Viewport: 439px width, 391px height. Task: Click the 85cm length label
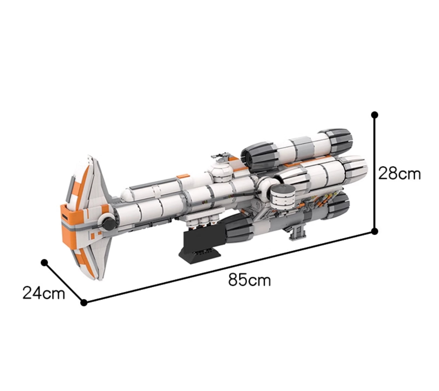(x=249, y=280)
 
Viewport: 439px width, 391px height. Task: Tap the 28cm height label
(x=399, y=174)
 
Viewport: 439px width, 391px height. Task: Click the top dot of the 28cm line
(x=375, y=115)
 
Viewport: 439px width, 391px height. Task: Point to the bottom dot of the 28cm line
(x=375, y=232)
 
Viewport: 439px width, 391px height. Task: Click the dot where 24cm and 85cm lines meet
(x=84, y=302)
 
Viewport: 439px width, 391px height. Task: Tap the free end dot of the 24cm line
(x=44, y=262)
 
